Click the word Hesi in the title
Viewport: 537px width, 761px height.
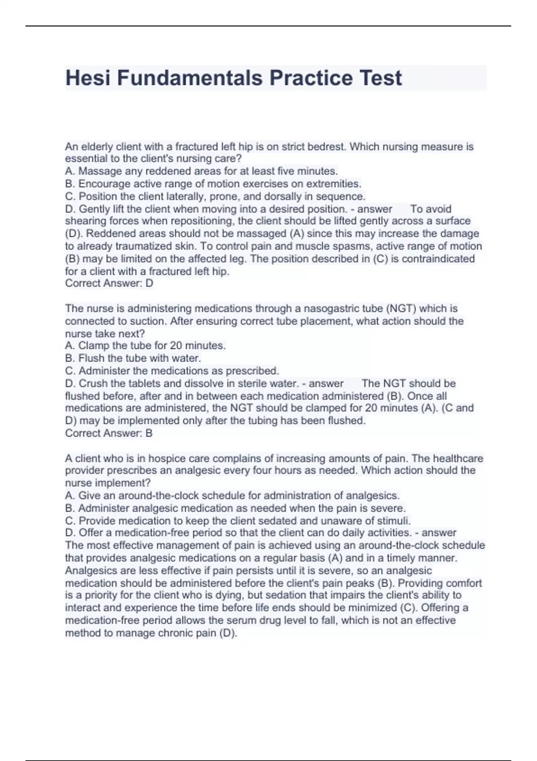[x=88, y=78]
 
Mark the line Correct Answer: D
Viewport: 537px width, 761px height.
[x=109, y=283]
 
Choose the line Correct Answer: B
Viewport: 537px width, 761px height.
[x=109, y=433]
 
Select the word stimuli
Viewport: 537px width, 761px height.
[x=395, y=521]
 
